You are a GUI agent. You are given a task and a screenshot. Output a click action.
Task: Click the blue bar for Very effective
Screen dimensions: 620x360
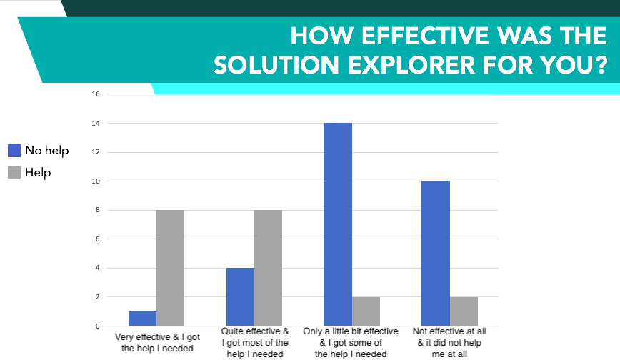[x=142, y=319]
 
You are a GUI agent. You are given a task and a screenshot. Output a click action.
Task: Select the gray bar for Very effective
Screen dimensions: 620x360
[x=171, y=268]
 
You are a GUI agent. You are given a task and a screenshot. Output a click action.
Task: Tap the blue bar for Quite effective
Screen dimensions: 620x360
[x=241, y=296]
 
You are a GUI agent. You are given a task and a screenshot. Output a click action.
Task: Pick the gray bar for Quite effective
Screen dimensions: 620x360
[x=268, y=268]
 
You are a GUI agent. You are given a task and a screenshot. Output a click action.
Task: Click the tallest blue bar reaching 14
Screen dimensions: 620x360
[x=338, y=224]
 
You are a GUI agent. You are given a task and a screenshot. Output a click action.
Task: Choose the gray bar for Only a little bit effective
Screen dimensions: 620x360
[x=366, y=311]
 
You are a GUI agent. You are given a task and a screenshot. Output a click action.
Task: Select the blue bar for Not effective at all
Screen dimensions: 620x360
[x=436, y=254]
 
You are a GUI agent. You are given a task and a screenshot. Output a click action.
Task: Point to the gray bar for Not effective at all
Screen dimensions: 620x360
[x=464, y=311]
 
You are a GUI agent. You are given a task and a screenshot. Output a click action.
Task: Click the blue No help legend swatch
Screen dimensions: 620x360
[x=14, y=151]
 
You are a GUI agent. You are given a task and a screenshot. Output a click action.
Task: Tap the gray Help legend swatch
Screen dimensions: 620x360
[x=14, y=173]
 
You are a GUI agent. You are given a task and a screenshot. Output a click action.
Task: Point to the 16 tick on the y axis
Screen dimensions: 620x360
[x=96, y=94]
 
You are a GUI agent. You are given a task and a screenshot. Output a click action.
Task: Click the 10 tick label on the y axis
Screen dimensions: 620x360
[x=96, y=181]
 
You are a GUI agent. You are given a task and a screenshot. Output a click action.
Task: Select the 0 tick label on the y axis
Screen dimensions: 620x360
[x=97, y=326]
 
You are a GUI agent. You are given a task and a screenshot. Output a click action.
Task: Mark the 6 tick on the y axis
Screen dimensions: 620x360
[x=97, y=239]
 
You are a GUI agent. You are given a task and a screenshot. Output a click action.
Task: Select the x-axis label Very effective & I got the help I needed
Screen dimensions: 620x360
[x=157, y=343]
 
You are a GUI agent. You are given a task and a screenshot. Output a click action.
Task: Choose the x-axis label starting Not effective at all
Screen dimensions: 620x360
[x=449, y=343]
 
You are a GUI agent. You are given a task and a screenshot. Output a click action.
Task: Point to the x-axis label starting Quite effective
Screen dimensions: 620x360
[x=255, y=343]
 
